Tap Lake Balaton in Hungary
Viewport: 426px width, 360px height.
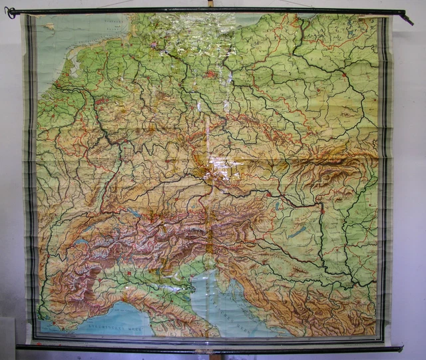pos(299,232)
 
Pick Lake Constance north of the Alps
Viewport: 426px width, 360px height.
pos(136,212)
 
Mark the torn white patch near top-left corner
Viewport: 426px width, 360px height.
pos(49,27)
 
